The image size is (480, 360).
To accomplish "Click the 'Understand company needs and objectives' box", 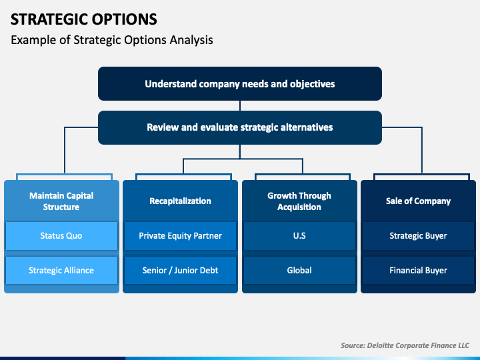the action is pos(240,83).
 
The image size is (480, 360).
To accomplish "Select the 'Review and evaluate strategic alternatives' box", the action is pos(240,127).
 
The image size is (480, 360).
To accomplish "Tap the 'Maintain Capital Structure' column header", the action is pos(61,201).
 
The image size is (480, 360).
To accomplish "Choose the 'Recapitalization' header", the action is pos(180,201).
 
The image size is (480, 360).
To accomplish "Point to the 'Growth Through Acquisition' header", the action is pos(299,201).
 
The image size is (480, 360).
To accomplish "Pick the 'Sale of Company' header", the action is pos(418,201).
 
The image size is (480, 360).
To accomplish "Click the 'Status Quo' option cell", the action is pos(61,236).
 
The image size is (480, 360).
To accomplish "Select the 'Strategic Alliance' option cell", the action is pos(61,270).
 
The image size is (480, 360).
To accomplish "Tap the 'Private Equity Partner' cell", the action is pos(180,236).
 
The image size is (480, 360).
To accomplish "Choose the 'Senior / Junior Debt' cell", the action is pos(180,270).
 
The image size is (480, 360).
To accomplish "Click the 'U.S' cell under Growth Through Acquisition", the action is pos(299,236).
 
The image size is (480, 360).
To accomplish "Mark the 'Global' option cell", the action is pos(299,270).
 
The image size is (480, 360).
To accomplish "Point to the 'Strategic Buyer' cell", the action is pos(418,236).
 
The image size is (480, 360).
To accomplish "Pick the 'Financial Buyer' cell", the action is pos(418,270).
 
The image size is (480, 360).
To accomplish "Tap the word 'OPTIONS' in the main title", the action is pos(125,19).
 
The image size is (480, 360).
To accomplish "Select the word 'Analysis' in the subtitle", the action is pos(191,40).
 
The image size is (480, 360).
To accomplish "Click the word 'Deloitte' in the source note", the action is pos(380,345).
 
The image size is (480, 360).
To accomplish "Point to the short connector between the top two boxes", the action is pos(240,105).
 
